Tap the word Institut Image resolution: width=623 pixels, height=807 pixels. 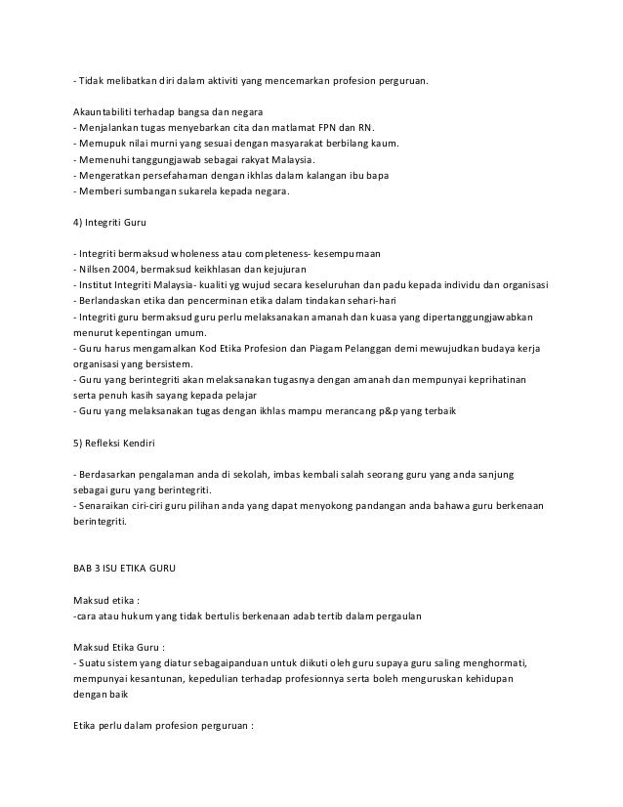[95, 286]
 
